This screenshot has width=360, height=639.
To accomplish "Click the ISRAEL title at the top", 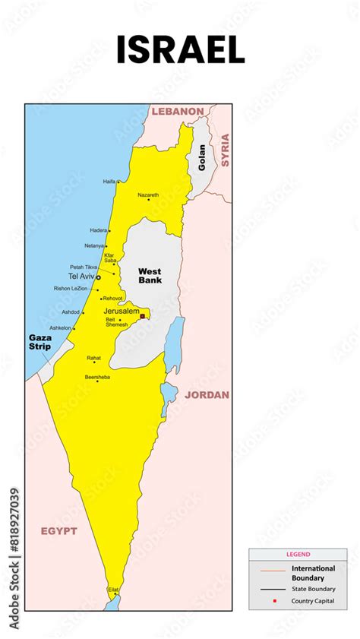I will tap(180, 50).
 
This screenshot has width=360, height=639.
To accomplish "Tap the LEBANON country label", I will tap(178, 111).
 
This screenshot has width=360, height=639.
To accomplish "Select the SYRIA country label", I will tap(225, 150).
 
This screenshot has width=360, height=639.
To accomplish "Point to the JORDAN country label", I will tap(206, 395).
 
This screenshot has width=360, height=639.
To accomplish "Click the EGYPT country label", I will tap(58, 531).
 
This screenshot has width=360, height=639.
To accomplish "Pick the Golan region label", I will tap(202, 157).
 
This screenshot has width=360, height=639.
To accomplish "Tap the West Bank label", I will tap(150, 275).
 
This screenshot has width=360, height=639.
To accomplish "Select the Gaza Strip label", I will tap(39, 342).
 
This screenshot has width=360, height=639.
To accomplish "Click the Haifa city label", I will tap(109, 182).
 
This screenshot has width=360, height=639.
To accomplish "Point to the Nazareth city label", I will tap(148, 195).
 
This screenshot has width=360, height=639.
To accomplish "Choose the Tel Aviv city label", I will tap(82, 277).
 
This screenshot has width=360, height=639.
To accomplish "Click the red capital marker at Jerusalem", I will tap(143, 316).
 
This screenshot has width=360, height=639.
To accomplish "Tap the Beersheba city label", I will tap(97, 376).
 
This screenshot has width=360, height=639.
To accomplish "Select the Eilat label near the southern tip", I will tap(113, 589).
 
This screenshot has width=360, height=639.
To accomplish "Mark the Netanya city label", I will tap(94, 245).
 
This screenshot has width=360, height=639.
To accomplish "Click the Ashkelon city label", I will tap(61, 327).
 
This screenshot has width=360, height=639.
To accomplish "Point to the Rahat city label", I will tap(93, 357).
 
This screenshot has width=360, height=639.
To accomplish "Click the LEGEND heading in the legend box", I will tap(298, 554).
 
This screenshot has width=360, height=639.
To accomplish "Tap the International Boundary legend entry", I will tap(313, 573).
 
